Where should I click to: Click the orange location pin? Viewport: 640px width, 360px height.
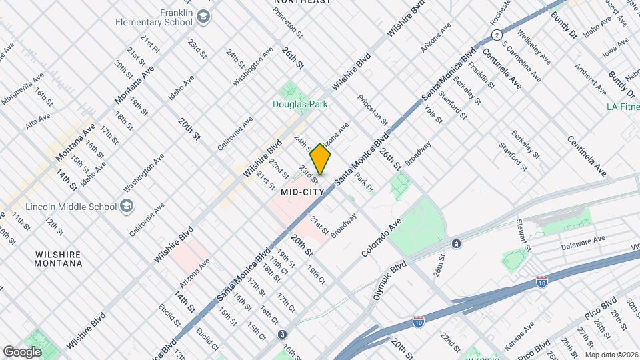[x=321, y=159]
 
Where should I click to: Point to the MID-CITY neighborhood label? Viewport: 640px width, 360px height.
[x=302, y=191]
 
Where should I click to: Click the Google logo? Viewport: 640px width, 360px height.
[x=22, y=351]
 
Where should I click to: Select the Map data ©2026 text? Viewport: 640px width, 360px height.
[x=611, y=355]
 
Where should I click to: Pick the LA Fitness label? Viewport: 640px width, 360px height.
[x=623, y=106]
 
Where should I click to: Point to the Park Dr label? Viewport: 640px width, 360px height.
[x=364, y=183]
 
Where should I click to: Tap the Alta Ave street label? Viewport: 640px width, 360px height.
[x=38, y=121]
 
